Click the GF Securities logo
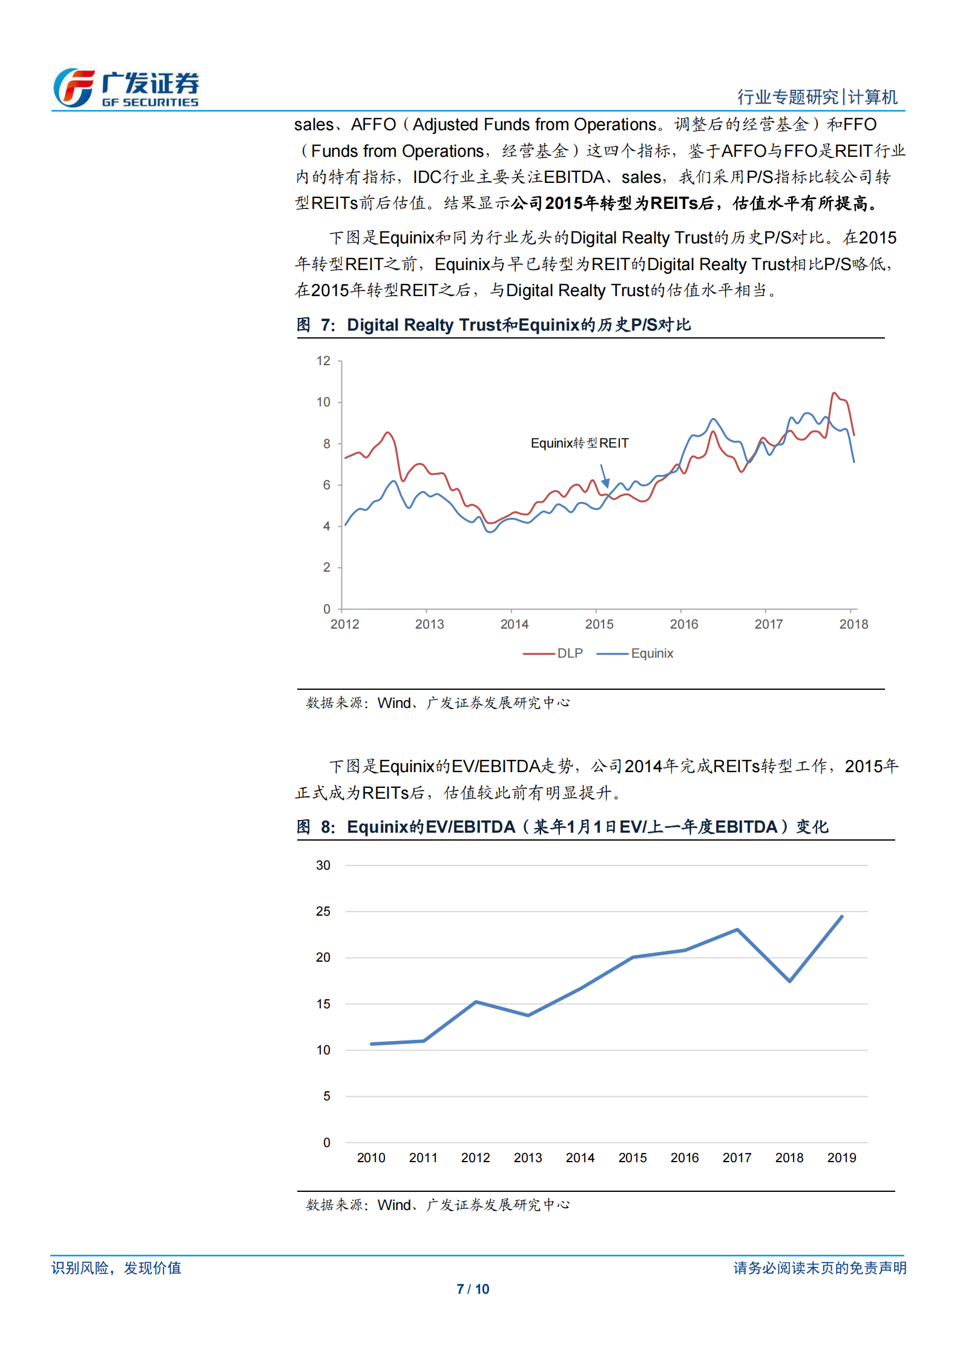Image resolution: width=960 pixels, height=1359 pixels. coord(126,88)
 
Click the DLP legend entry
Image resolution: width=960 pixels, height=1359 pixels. coord(554,653)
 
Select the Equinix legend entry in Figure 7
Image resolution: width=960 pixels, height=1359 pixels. coord(636,653)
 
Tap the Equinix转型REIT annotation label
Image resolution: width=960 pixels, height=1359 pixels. coord(579,443)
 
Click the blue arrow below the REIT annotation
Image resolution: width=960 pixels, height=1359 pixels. coord(604,476)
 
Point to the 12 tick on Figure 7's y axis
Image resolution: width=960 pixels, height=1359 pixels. coord(323,361)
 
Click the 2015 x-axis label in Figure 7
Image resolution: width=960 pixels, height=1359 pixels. coord(599,624)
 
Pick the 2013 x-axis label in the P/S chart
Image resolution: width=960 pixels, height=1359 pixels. coord(429,624)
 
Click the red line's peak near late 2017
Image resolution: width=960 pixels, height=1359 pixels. coord(834,394)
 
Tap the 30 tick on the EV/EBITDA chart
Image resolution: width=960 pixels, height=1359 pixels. coord(323,865)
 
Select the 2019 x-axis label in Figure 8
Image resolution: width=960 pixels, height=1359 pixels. coord(841,1158)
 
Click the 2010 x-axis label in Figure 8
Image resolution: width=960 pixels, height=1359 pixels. coord(371,1158)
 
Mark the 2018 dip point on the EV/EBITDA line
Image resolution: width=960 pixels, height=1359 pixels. coord(789,981)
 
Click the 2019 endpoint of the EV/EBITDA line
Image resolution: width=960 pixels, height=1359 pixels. coord(841,917)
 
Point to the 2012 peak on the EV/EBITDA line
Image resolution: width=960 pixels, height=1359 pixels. coord(476,1002)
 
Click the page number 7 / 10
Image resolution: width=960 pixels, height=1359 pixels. coord(473,1289)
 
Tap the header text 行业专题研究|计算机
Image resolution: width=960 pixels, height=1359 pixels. coord(817,97)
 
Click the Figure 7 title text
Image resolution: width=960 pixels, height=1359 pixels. coord(493,325)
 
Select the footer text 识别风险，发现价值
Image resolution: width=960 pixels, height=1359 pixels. coord(116,1268)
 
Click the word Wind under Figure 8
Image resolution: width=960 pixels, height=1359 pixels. coord(393,1205)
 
